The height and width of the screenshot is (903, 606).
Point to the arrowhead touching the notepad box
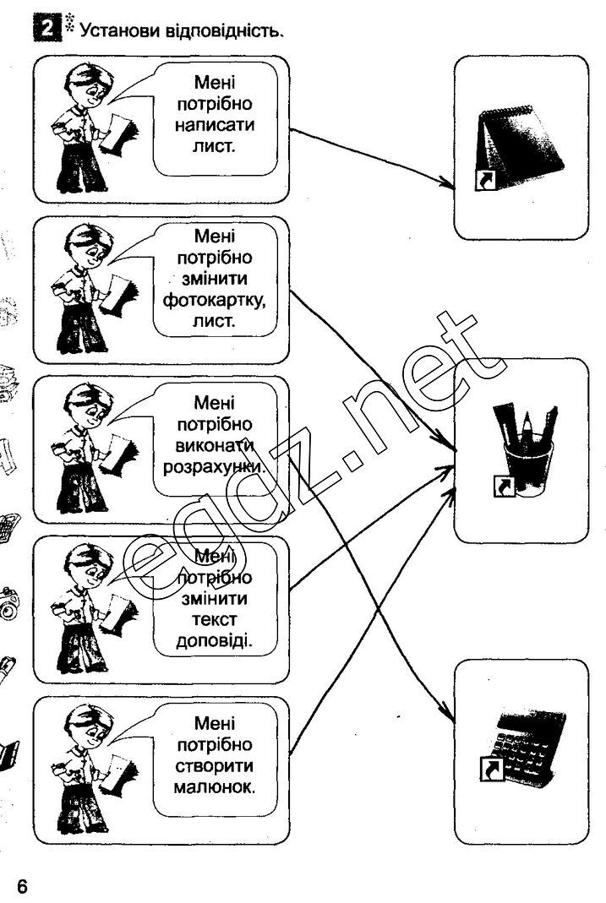pyautogui.click(x=447, y=181)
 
